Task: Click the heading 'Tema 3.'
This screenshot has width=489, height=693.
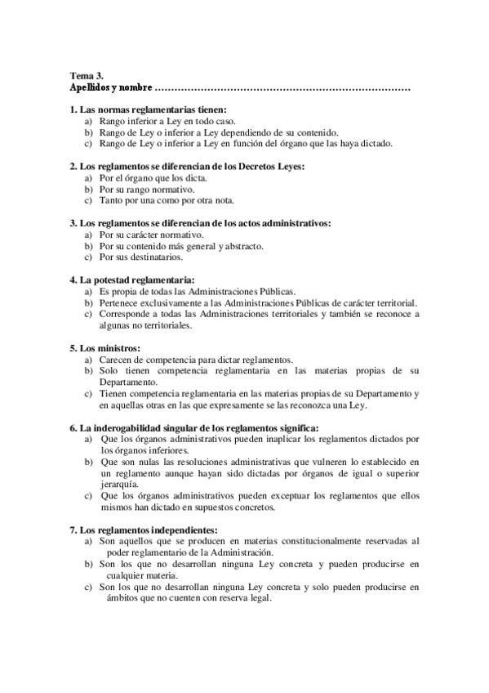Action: pos(86,74)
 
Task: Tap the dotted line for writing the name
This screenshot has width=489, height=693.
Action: pos(282,87)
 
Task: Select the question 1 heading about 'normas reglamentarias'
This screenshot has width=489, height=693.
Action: pos(148,109)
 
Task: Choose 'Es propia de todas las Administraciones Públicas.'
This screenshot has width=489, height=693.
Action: pos(197,291)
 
